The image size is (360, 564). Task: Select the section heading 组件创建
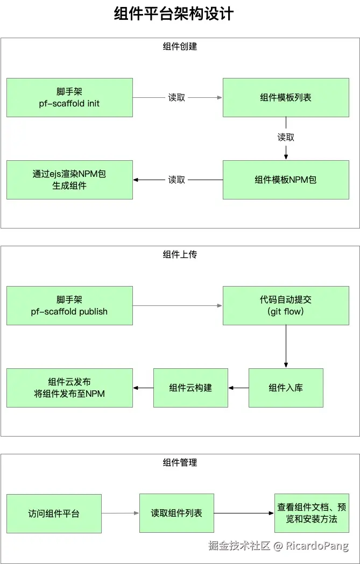click(180, 47)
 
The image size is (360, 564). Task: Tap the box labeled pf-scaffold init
click(69, 97)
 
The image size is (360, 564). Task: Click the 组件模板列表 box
click(286, 97)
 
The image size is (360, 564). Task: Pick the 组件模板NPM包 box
click(286, 180)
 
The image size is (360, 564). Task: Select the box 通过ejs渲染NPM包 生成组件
click(69, 180)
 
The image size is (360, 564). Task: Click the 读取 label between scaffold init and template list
click(177, 97)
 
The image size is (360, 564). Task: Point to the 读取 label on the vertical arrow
click(286, 138)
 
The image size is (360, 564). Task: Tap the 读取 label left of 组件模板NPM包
click(177, 180)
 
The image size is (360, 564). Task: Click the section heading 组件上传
click(180, 254)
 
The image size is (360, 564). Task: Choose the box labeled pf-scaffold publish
click(69, 305)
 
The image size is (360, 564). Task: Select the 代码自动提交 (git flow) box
click(286, 305)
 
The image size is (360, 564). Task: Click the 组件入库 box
click(286, 388)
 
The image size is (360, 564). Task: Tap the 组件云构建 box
click(190, 388)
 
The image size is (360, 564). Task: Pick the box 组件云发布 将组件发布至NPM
click(69, 388)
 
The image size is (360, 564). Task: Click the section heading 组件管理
click(180, 462)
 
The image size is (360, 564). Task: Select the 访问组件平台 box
click(54, 513)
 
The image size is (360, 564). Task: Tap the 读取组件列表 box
click(177, 513)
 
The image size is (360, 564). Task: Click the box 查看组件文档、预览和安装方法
click(312, 513)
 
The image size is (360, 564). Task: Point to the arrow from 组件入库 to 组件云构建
click(238, 388)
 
